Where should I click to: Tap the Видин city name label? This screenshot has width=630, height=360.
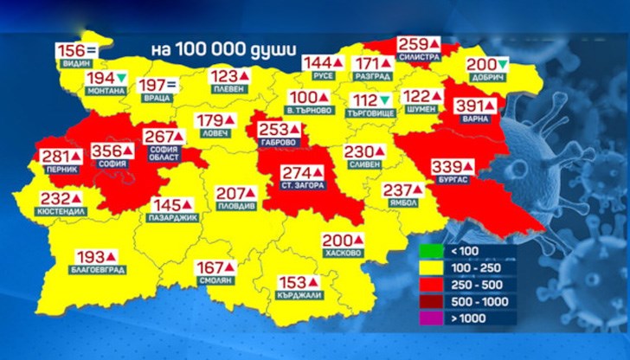(75, 64)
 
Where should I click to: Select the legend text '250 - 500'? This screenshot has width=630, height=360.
(477, 286)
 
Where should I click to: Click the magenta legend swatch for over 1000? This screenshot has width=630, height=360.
(429, 318)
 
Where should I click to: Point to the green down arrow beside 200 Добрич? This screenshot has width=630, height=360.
(503, 65)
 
